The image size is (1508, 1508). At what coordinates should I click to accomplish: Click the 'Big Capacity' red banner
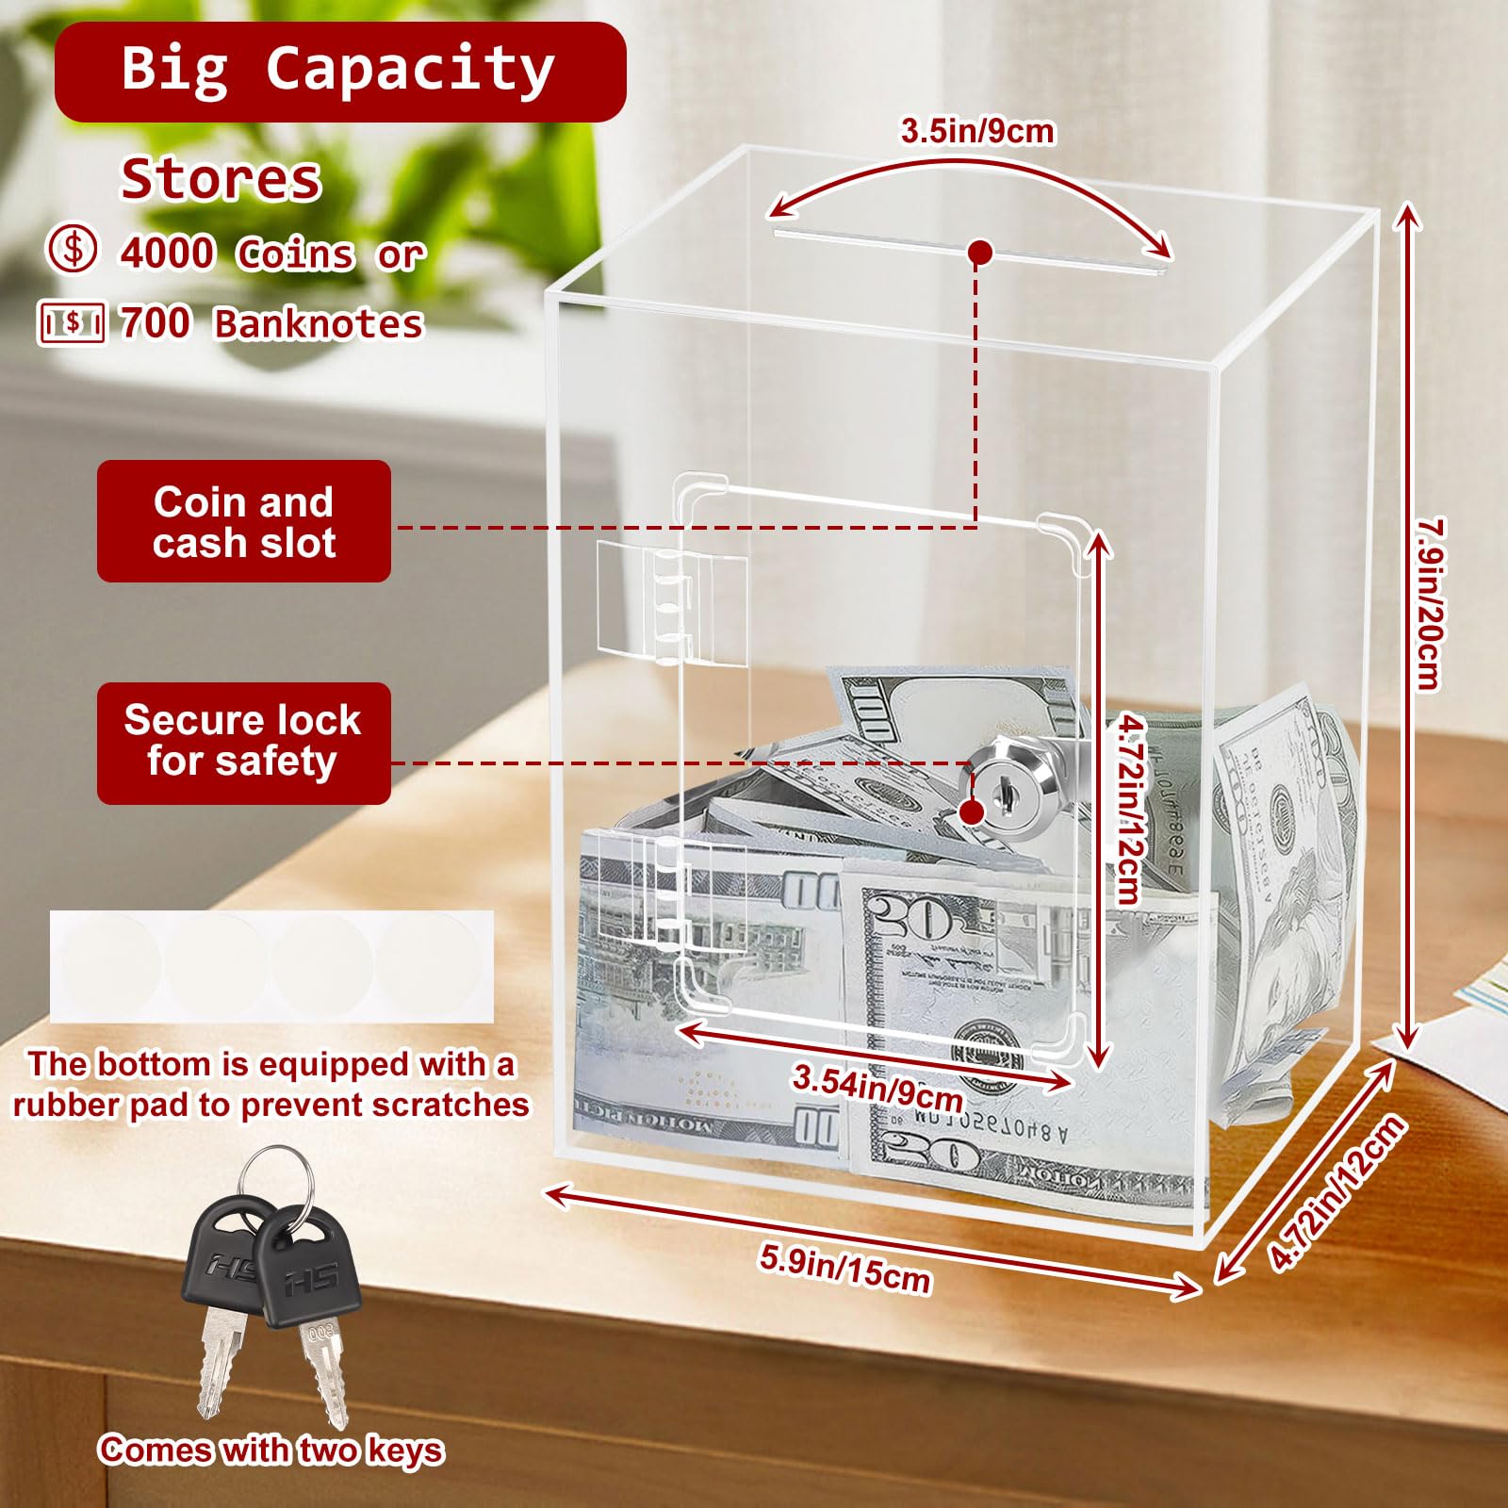coord(340,73)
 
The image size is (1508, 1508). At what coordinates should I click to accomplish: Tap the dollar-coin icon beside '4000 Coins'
coord(73,250)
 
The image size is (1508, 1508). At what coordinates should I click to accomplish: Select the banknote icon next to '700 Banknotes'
coord(72,323)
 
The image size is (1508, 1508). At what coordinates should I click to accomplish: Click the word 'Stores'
coord(221,178)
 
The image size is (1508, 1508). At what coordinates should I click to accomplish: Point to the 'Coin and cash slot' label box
coord(244,521)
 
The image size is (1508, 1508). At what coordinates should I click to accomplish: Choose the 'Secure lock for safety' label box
coord(244,743)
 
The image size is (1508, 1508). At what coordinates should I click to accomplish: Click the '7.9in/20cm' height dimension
coord(1430,603)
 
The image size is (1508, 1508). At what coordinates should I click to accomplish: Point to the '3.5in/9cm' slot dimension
coord(977,131)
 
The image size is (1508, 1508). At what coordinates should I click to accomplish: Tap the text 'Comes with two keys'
coord(270,1450)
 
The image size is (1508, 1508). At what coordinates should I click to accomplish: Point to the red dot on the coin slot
coord(980,253)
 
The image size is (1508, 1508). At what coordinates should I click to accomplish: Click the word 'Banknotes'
coord(319,323)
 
